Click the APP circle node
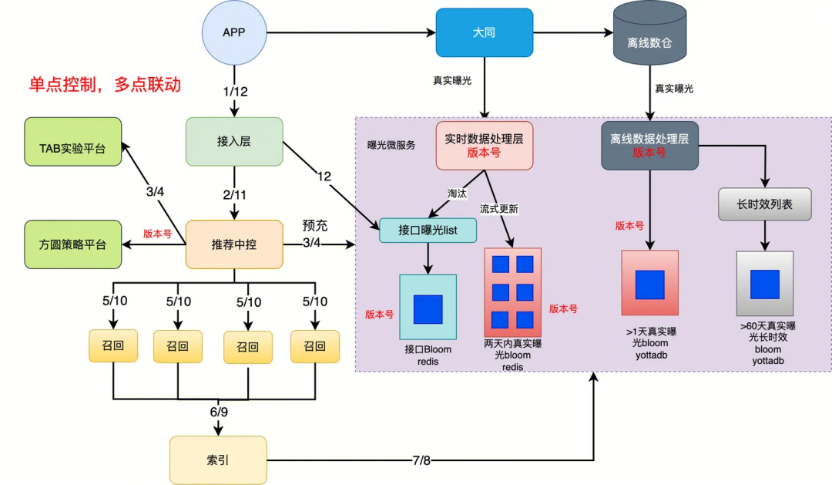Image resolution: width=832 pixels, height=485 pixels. tap(233, 32)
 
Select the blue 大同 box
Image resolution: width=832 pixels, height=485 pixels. tap(484, 32)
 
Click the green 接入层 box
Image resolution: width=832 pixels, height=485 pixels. tap(234, 141)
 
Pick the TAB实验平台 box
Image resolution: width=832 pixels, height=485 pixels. tap(73, 141)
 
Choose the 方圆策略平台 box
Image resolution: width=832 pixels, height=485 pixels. tap(73, 244)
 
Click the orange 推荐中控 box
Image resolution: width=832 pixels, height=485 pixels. tap(234, 244)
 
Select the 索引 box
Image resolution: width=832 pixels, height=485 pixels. tap(218, 460)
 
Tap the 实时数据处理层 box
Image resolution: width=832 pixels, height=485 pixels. tap(485, 144)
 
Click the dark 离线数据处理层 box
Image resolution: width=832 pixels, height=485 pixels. tap(649, 144)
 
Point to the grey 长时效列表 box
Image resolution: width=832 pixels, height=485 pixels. tap(765, 205)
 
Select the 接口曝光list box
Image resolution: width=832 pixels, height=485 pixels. tap(428, 230)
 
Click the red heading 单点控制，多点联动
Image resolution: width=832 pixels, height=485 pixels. tap(105, 85)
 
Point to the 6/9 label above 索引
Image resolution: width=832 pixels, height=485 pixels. tap(219, 412)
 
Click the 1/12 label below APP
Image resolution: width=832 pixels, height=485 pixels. tap(235, 92)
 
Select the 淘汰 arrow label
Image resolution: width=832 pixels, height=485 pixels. tap(458, 194)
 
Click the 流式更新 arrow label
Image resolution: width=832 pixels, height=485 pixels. tap(499, 209)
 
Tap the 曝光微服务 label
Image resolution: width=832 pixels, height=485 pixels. tap(391, 144)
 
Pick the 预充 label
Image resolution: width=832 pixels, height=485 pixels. tap(315, 226)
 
